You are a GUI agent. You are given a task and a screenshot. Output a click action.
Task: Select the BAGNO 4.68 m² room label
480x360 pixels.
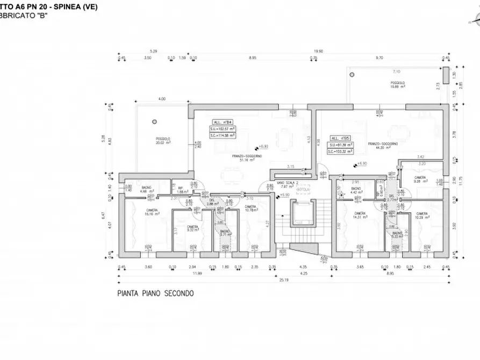coord(146,189)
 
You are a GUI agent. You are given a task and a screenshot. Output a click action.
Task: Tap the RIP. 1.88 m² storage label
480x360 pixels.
coord(181,190)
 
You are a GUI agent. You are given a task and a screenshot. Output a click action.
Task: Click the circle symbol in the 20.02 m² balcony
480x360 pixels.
coord(155,121)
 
